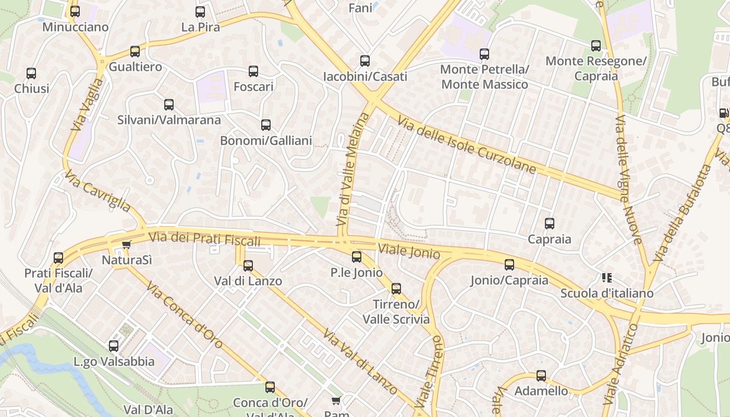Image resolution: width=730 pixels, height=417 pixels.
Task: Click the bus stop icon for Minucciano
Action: point(75,11)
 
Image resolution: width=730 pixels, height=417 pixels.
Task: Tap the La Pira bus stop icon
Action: point(200,12)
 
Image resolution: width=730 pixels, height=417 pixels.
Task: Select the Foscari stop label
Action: point(253,87)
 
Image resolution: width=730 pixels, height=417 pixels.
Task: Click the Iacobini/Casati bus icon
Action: point(365,61)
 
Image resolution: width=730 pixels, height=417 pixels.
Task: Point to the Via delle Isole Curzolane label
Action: point(467,145)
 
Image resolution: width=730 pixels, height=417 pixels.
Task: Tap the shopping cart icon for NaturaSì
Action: point(126,244)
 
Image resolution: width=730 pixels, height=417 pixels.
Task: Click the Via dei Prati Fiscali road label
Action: point(204,239)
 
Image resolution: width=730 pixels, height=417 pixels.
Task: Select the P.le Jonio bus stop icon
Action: point(357,257)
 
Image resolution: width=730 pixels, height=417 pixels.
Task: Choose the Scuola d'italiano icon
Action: point(606,278)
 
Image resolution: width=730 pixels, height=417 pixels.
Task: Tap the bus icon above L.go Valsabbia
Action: point(114,346)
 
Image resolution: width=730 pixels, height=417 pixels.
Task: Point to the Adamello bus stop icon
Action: point(541,376)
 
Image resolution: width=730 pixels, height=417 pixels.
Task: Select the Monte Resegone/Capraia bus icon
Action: point(596,46)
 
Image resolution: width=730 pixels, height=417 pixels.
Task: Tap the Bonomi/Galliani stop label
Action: point(266,140)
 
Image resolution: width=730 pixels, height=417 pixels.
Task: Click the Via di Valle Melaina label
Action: point(352,169)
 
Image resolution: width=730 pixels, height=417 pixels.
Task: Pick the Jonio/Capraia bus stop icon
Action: point(509,265)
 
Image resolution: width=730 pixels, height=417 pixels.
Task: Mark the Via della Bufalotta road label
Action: point(682,213)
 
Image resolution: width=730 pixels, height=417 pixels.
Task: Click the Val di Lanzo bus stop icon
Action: point(248,266)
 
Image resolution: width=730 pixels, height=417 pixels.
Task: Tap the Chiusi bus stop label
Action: point(32,89)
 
